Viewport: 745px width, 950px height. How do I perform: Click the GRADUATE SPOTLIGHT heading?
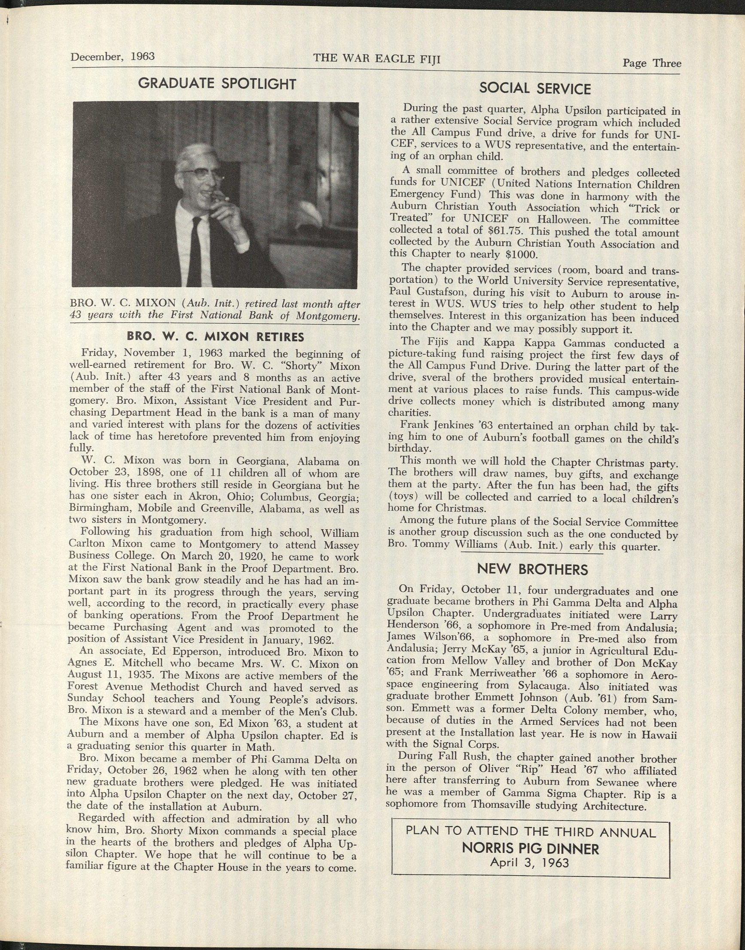pos(217,84)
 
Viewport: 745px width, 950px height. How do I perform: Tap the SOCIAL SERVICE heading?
pos(535,89)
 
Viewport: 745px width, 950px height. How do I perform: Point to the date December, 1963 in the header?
pos(113,57)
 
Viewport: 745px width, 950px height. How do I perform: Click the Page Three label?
pos(652,63)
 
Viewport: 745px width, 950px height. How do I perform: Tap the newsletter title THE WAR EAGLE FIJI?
pos(377,58)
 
